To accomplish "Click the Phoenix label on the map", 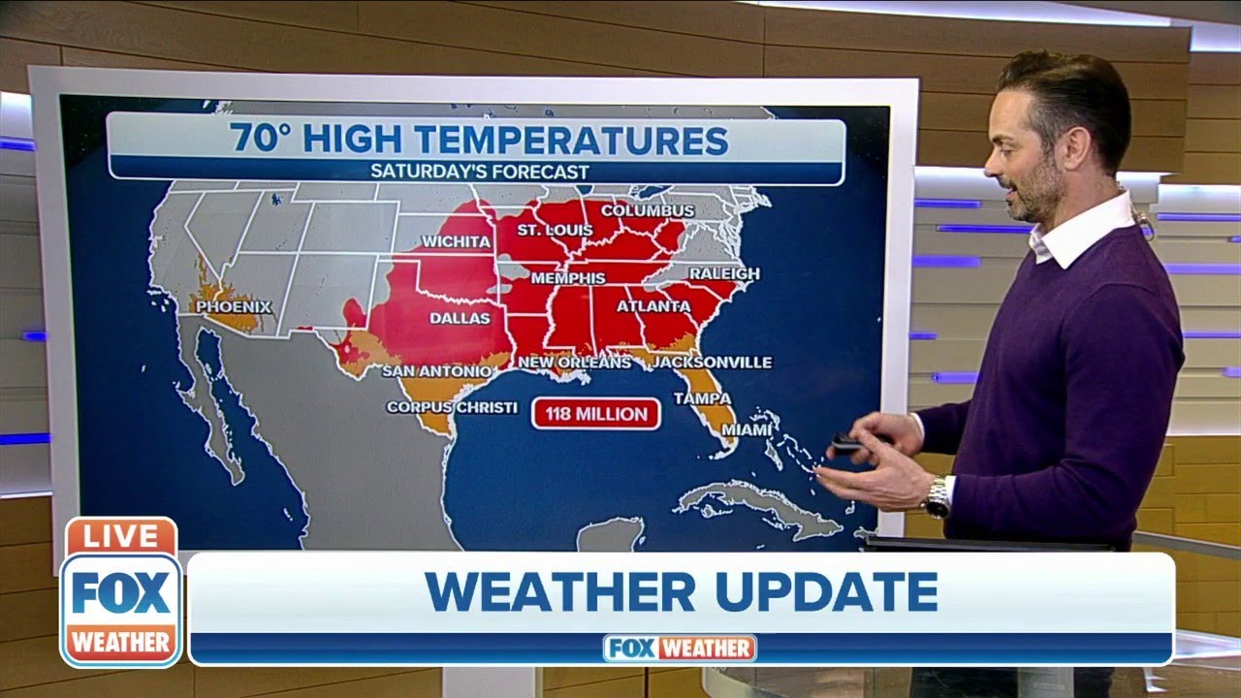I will click(x=234, y=307).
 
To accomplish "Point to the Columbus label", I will click(x=648, y=210).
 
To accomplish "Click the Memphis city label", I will click(x=567, y=277).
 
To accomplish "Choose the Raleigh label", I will click(x=724, y=274).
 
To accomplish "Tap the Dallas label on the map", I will click(x=460, y=318).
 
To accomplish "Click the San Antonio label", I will click(x=436, y=370).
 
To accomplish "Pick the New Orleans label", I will click(x=574, y=363).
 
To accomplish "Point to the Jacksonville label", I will click(x=712, y=363).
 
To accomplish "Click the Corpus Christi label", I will click(x=452, y=407).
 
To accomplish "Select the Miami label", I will click(x=747, y=428).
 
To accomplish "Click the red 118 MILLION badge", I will click(x=595, y=415).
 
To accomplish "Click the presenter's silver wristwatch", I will click(x=937, y=497).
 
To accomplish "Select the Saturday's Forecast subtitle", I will click(x=479, y=172).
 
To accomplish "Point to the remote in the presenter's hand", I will click(x=847, y=444).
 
